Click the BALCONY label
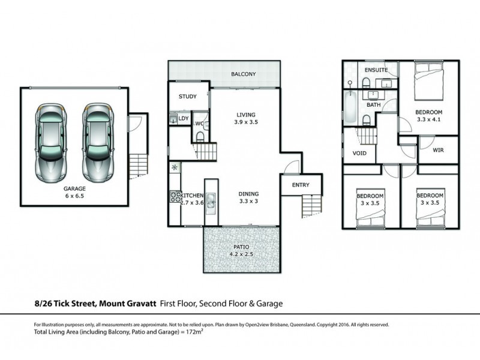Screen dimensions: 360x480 click(244, 74)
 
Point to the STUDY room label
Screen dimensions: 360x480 click(188, 97)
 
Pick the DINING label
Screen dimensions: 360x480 click(248, 194)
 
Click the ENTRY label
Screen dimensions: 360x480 click(301, 185)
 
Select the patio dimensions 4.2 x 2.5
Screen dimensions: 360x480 click(242, 254)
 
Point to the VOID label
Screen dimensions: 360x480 click(359, 153)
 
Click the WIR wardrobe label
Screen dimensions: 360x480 click(438, 152)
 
